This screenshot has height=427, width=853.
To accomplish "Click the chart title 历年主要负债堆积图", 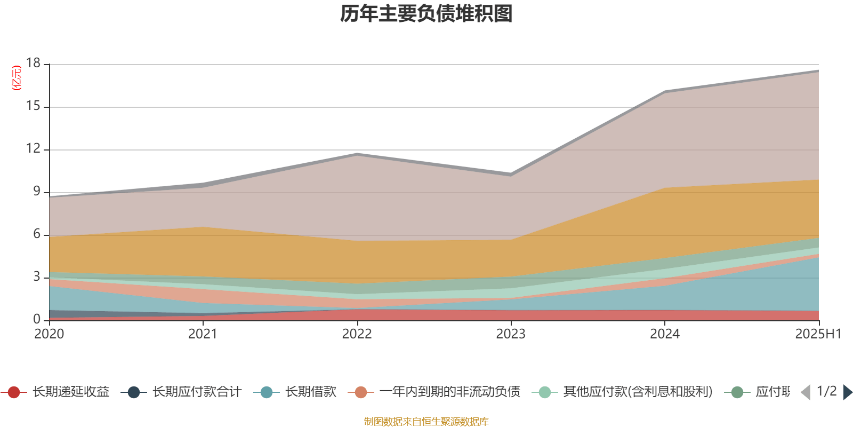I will [426, 14].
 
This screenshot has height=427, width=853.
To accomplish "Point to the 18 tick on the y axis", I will [33, 63].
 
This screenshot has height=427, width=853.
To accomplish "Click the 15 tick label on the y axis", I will [33, 106].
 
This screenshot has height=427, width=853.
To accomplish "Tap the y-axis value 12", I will [33, 148].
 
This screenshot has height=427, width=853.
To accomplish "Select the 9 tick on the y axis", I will [37, 191].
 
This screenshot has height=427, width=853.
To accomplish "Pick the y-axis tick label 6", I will [37, 234].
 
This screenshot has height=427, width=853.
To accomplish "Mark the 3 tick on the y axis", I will [37, 276].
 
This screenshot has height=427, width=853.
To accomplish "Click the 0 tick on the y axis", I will [37, 319].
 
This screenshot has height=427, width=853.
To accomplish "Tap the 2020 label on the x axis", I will [49, 334].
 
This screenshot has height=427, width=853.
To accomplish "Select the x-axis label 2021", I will [203, 334].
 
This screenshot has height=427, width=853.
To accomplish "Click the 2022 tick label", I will [357, 334].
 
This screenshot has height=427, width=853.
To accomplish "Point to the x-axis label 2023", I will [511, 334].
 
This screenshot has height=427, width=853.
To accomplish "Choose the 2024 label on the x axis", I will [665, 334].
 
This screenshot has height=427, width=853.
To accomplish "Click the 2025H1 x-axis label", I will [817, 334].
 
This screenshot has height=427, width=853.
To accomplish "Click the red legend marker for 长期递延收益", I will [14, 392].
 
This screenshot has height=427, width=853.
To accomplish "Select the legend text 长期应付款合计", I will [197, 392].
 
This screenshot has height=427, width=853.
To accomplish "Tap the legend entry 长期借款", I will [311, 392].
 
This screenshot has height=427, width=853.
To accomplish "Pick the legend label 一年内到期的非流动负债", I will [449, 392].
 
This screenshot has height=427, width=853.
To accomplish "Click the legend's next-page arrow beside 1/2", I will [847, 392].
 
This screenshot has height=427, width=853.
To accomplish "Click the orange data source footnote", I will [426, 422].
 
